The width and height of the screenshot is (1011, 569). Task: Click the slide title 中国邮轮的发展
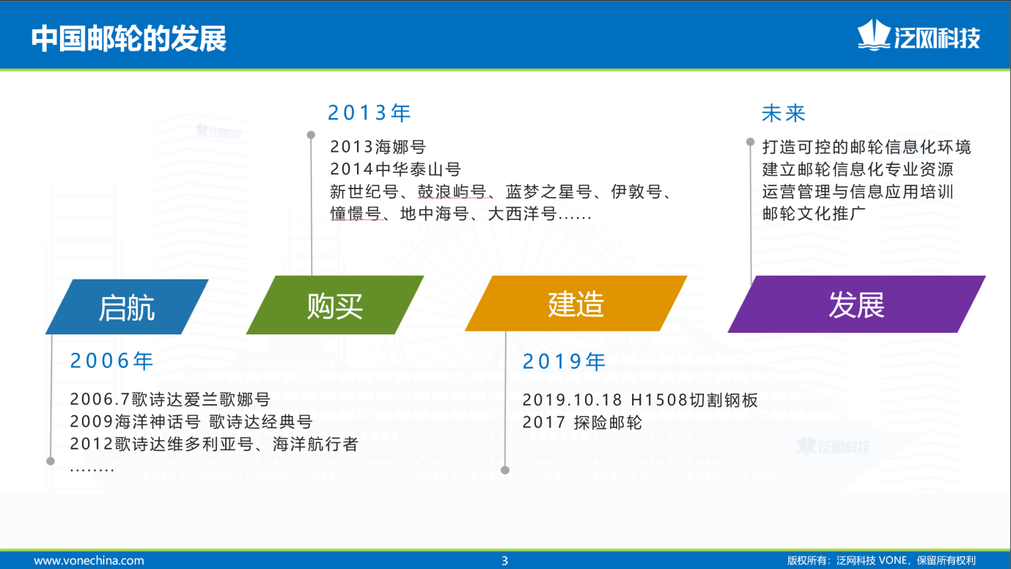[x=128, y=38]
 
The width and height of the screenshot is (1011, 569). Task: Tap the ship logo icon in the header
[x=873, y=35]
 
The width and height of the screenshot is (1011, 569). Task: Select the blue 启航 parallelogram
[x=127, y=306]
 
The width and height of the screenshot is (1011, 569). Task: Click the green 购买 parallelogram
[x=335, y=305]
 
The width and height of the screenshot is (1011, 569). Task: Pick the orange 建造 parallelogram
[x=576, y=304]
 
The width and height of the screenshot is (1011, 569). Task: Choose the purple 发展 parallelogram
[x=856, y=304]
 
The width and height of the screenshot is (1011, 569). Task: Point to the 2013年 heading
[x=370, y=112]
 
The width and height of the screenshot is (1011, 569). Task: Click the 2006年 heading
[x=111, y=361]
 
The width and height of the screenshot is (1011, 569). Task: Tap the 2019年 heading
[x=565, y=361]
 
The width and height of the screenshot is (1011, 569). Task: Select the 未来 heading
[x=784, y=113]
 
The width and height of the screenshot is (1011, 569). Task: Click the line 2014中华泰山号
[x=395, y=169]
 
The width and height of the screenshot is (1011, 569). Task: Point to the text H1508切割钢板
[x=694, y=400]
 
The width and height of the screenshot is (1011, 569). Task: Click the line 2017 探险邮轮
[x=582, y=422]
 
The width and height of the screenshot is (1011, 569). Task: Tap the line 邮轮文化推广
[x=815, y=213]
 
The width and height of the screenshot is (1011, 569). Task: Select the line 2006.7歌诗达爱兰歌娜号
[x=170, y=399]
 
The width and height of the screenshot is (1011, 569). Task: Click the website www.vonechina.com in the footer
[x=89, y=560]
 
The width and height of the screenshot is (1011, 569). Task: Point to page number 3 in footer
[x=505, y=561]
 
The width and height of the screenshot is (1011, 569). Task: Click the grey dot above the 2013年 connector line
[x=311, y=135]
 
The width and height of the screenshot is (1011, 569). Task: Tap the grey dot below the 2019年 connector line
[x=506, y=470]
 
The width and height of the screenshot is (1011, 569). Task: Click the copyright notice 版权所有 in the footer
[x=881, y=560]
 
